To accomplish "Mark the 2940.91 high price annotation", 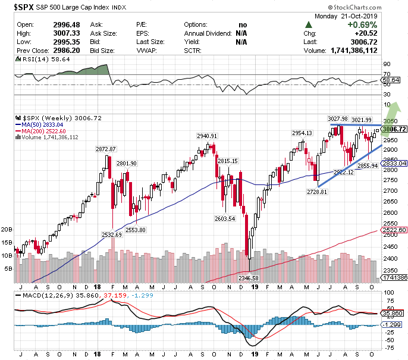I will click(x=208, y=136).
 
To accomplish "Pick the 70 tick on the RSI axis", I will click(x=387, y=73).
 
